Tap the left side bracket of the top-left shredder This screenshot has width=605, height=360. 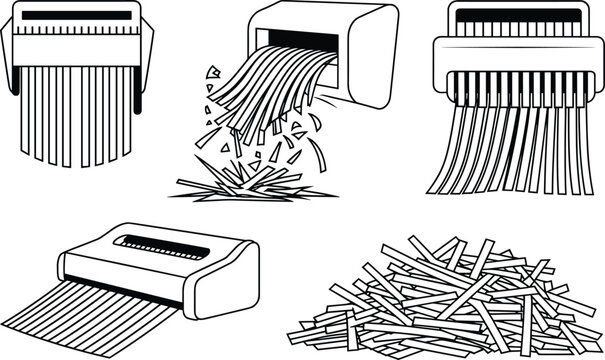point(9,56)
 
